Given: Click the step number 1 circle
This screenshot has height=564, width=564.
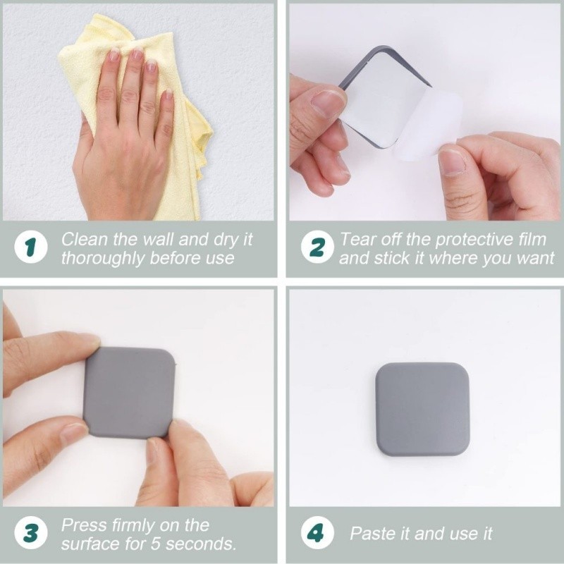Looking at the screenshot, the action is point(31,247).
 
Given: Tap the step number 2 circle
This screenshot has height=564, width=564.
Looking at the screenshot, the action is point(317,247).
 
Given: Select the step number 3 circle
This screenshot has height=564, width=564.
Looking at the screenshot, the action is point(31,533).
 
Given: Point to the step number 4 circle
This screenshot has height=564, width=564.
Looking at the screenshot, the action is point(317,533).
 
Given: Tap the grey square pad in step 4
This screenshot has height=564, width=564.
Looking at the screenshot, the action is point(422,410).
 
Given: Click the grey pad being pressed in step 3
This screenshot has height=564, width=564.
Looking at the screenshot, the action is point(129,393).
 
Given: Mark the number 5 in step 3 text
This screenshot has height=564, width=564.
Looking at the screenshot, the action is point(155,544).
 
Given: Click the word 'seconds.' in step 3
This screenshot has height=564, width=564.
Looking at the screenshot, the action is point(201,544).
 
